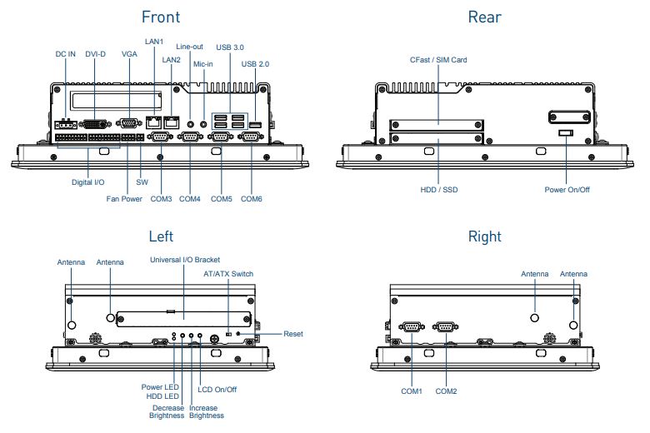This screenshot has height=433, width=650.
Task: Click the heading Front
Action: point(160,17)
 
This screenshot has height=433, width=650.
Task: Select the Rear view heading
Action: point(484,17)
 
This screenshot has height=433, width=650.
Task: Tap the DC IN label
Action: point(66,54)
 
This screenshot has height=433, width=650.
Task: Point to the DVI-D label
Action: point(96,54)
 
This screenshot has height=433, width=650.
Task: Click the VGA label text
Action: point(129,54)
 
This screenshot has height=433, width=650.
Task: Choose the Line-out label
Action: point(190,47)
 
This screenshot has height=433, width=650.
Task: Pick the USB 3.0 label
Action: point(230,47)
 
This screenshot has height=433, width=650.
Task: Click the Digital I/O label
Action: point(89,181)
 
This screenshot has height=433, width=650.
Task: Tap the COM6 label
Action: point(252,199)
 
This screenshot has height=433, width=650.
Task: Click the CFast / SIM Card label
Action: point(438,60)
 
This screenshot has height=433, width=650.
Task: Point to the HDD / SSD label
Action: point(439,190)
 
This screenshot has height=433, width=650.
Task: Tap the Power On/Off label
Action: point(567,190)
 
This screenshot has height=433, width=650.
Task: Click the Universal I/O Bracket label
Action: point(184,260)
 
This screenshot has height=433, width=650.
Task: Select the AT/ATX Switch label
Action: point(228,273)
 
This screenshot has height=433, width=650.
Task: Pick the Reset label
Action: point(292,334)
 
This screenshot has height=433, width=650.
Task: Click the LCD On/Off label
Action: point(217,389)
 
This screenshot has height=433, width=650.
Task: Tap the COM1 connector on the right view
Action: point(412,327)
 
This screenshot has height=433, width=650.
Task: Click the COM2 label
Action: point(446,391)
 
